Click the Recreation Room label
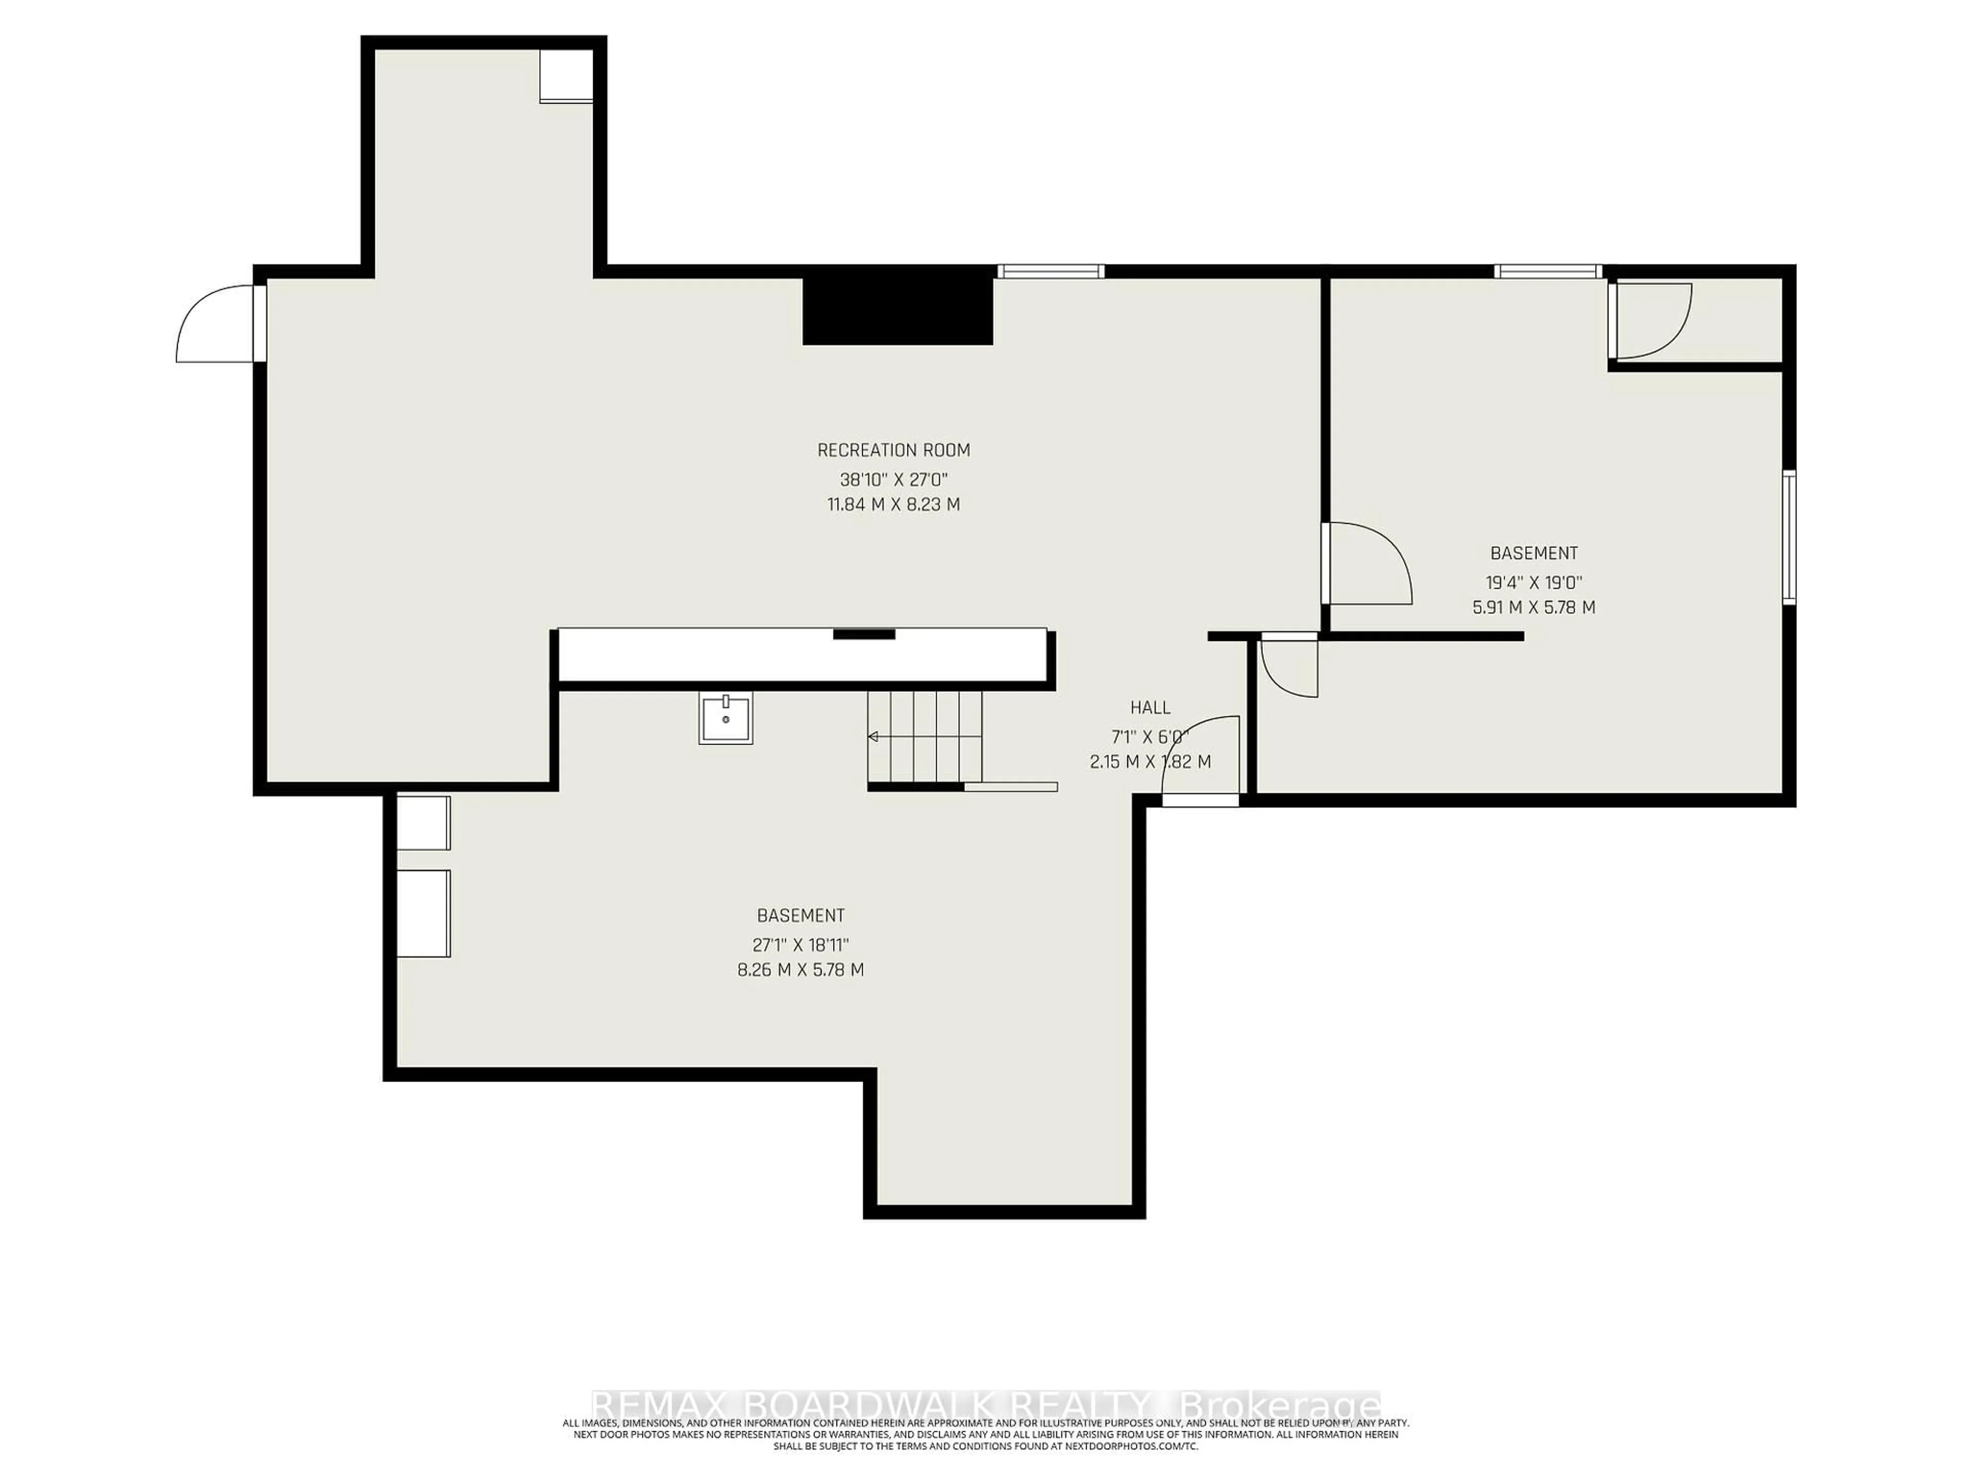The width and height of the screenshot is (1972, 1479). click(893, 450)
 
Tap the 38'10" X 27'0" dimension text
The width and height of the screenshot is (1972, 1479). click(893, 479)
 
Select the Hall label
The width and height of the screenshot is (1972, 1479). click(1150, 708)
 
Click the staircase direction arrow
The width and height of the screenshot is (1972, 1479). click(873, 736)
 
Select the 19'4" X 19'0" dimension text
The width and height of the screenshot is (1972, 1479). click(1533, 583)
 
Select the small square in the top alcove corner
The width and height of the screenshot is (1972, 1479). click(565, 76)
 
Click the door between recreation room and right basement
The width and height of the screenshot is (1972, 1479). click(1366, 563)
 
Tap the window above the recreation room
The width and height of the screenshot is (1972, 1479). click(1050, 271)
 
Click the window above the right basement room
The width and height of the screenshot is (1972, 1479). click(1548, 271)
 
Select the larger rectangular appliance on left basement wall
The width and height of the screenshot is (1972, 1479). click(424, 913)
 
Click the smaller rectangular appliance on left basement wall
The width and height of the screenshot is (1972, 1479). click(424, 823)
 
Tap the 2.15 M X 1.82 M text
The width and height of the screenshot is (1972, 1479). click(1150, 762)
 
